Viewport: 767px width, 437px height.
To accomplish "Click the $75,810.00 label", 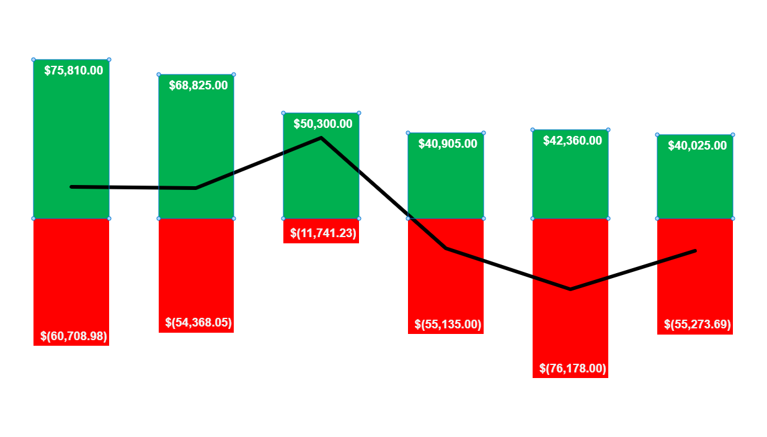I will click(x=74, y=71).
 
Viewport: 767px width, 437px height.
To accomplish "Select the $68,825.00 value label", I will click(x=198, y=86).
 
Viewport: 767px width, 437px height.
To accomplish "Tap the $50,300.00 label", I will click(x=323, y=124).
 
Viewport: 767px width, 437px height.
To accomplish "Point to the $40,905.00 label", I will click(x=448, y=144).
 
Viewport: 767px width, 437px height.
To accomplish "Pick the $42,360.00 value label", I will click(x=572, y=141).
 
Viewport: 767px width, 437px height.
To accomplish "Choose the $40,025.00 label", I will click(x=697, y=146).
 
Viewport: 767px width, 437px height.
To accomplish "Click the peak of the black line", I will click(x=321, y=138).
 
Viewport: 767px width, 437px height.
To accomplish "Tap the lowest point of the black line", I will click(x=570, y=289).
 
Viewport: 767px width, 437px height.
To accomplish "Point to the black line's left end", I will click(x=72, y=186).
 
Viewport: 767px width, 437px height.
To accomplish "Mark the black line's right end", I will click(x=695, y=251).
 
